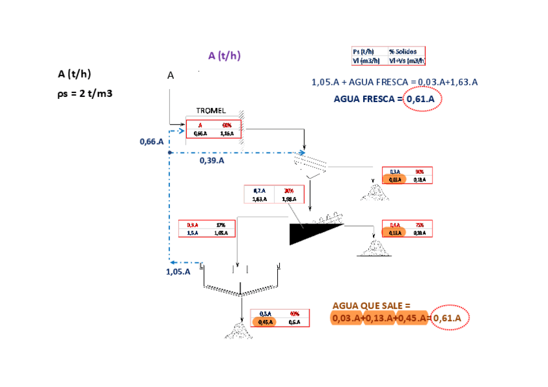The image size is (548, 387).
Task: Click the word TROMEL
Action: coord(211,111)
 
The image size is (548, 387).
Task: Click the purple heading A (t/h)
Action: coord(224,56)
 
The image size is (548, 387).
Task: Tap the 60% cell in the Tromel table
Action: coord(227,125)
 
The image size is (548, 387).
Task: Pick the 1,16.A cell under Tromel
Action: coord(227,133)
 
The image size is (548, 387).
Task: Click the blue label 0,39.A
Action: coord(211,160)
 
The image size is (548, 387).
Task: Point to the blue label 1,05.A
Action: coord(178,271)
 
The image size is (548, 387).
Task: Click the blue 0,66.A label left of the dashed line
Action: coord(152,141)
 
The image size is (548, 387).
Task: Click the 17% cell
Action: coord(221,224)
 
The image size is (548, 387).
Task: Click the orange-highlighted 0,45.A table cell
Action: coord(266,321)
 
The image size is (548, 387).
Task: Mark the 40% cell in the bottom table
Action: coord(293,313)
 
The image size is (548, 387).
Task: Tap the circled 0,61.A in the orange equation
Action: coord(450,318)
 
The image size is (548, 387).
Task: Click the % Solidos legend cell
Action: coord(406,52)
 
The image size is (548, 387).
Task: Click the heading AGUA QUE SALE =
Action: coord(371,305)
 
